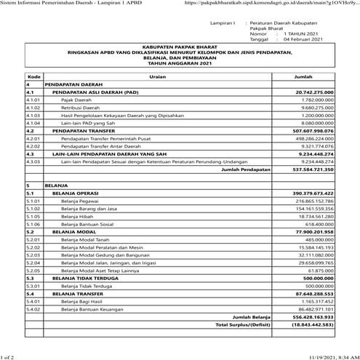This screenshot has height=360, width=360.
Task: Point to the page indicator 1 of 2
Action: [x=9, y=356]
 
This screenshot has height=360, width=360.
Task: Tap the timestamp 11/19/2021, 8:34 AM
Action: [x=332, y=356]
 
